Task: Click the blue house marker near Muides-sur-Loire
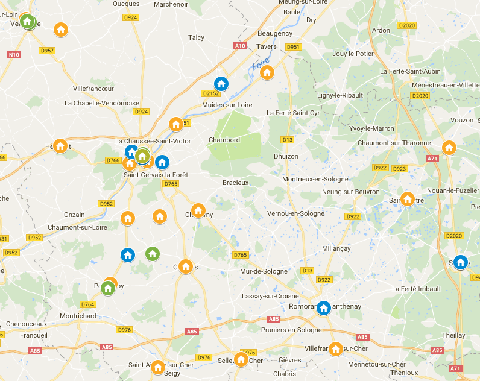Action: (x=221, y=84)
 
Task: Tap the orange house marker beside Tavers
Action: (x=267, y=72)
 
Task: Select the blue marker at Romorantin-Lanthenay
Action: (x=324, y=308)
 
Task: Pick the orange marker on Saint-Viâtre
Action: (x=408, y=198)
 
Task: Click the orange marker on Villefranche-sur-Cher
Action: (x=336, y=348)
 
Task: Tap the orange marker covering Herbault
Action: (x=60, y=145)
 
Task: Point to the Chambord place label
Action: (x=224, y=140)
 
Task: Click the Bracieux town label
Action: (x=235, y=182)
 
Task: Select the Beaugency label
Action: (x=274, y=33)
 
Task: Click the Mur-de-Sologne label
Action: (x=264, y=271)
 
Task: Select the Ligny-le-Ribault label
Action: (x=340, y=96)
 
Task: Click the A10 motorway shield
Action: (x=240, y=46)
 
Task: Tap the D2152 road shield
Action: (x=210, y=93)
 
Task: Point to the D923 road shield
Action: (x=399, y=169)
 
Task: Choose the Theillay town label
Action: (x=453, y=335)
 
